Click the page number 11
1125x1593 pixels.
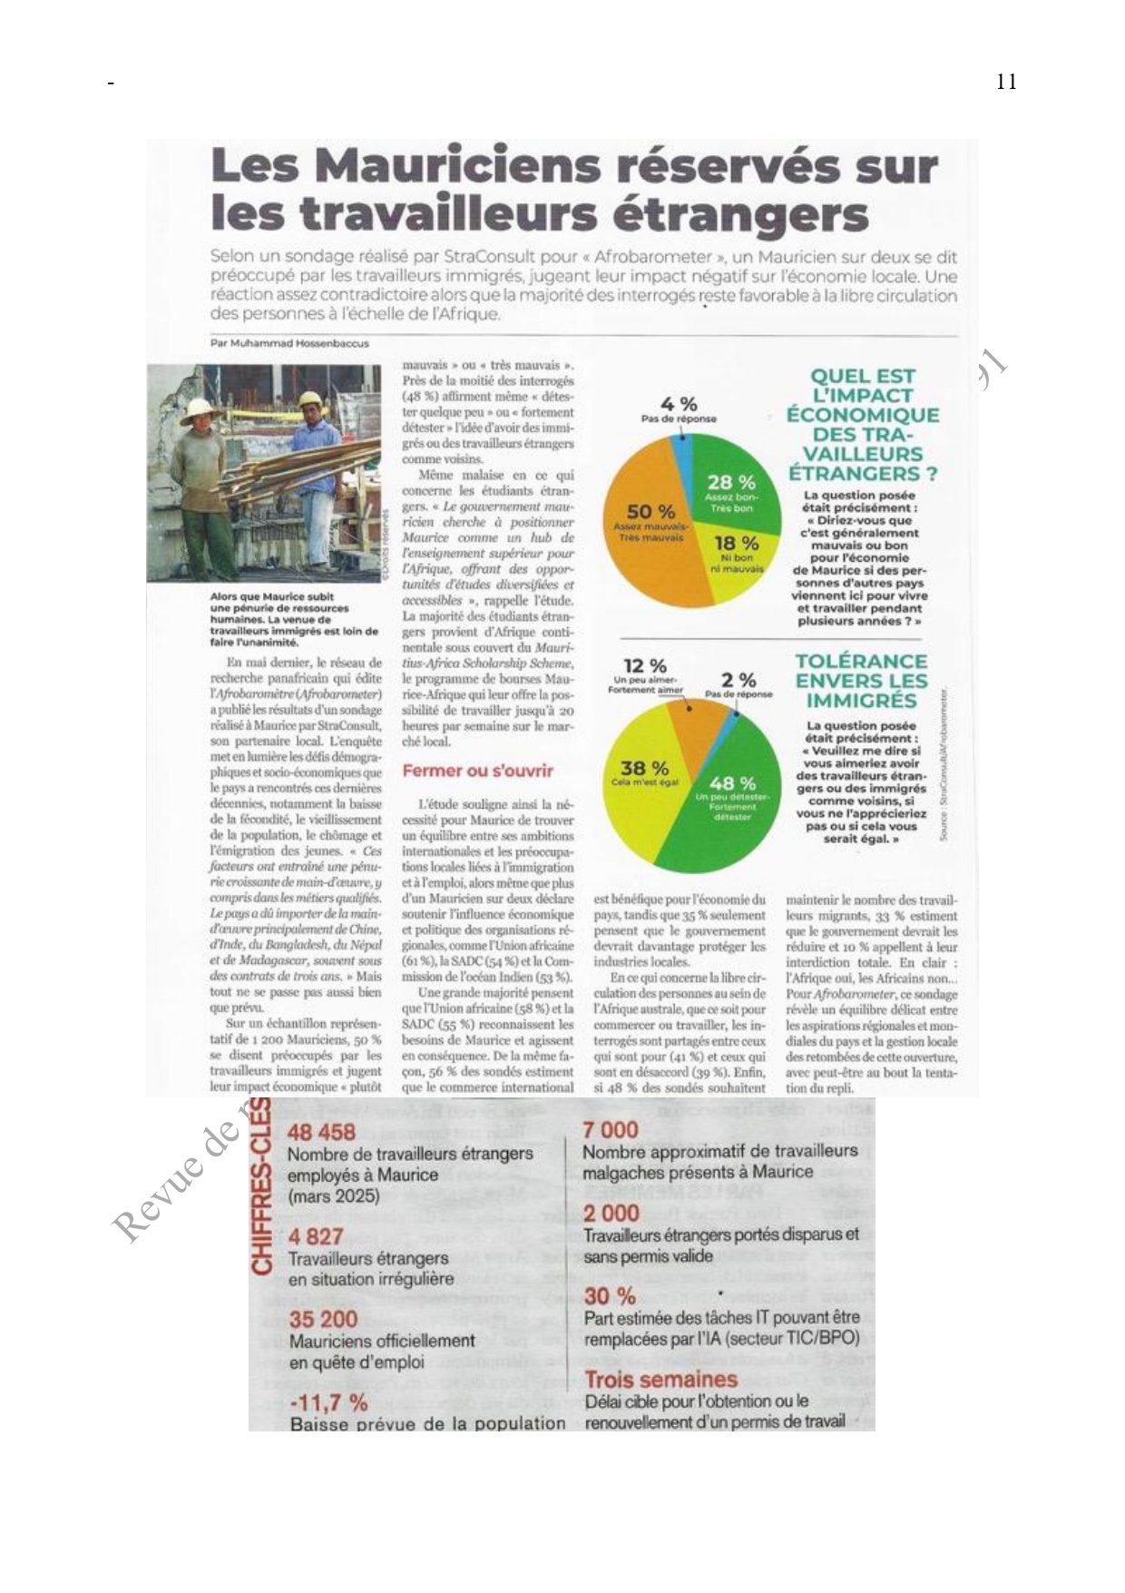[x=1005, y=83]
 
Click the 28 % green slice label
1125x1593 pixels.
[x=731, y=483]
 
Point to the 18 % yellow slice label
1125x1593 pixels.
[x=737, y=545]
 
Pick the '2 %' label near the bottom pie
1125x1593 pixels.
[x=739, y=680]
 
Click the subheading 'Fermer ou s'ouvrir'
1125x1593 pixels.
[x=477, y=772]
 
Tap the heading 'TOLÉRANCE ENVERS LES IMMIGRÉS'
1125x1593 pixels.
[x=861, y=681]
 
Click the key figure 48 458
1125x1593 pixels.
[x=321, y=1132]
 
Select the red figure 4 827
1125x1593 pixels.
[x=316, y=1236]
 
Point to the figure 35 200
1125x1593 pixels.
[x=323, y=1319]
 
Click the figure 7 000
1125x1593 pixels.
[x=611, y=1130]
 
